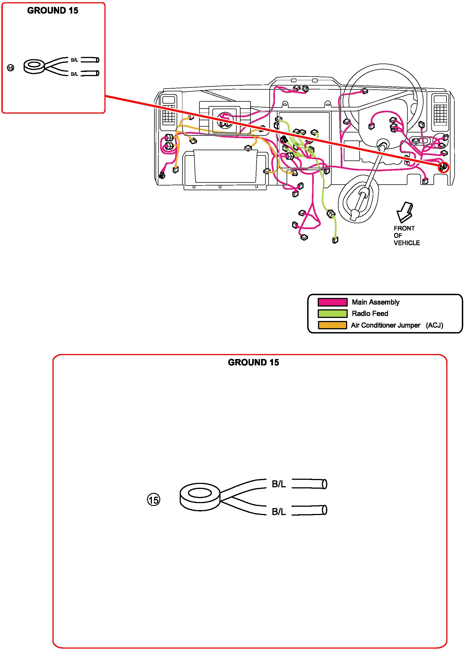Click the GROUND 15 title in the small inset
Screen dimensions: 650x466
[x=53, y=11]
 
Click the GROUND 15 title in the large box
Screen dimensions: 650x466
[x=253, y=363]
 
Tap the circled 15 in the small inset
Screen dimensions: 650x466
[x=11, y=68]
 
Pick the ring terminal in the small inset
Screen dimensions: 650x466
[x=34, y=66]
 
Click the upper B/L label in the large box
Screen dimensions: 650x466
[x=279, y=484]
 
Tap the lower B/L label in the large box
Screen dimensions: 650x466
[x=279, y=511]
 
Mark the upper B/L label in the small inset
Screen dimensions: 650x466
[x=74, y=60]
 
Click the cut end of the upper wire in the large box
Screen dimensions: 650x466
[x=324, y=484]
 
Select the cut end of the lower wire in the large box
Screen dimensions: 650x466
[x=324, y=510]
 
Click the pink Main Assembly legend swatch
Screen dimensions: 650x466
[x=332, y=302]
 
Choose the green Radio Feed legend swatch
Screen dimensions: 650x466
[x=332, y=313]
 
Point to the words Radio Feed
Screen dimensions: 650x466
[x=370, y=313]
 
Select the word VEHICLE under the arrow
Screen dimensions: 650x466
[x=407, y=243]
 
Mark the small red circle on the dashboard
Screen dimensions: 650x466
[x=443, y=167]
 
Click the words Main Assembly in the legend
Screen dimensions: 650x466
[x=375, y=302]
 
